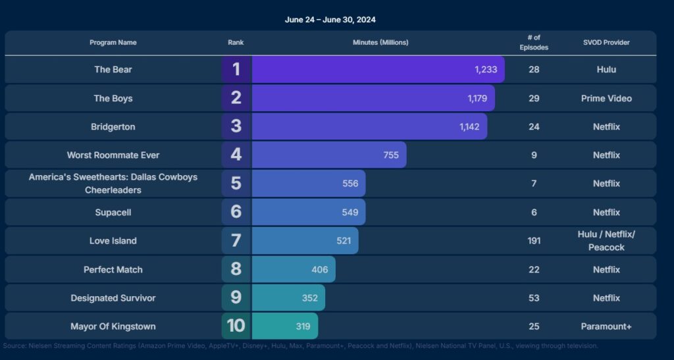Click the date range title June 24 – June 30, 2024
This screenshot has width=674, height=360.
[x=330, y=20]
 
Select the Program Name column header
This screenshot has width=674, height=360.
[x=113, y=43]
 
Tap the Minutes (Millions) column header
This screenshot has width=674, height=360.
[x=380, y=43]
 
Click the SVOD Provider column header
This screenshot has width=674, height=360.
[x=606, y=43]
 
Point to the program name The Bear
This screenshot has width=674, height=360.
[x=113, y=70]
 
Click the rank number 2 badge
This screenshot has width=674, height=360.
[x=236, y=98]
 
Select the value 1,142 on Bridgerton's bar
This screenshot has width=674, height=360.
[x=469, y=126]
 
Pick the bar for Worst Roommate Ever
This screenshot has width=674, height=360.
[x=329, y=155]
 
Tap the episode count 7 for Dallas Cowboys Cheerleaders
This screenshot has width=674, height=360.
[x=534, y=184]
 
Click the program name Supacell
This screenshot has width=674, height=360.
[x=113, y=213]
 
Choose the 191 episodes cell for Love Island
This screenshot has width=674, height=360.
[x=534, y=241]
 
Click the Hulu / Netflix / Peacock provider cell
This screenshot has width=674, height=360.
[x=606, y=241]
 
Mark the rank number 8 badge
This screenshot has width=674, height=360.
[x=236, y=269]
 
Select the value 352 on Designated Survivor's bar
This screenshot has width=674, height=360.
[x=310, y=298]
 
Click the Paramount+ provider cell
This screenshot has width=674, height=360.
[x=606, y=326]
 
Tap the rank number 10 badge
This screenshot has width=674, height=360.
[x=236, y=326]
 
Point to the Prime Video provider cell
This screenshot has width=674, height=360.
[x=606, y=98]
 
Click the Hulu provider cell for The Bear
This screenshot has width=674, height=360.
[x=606, y=70]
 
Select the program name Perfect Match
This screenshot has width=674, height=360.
[x=113, y=270]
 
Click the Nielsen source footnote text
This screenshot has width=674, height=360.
[x=300, y=346]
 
